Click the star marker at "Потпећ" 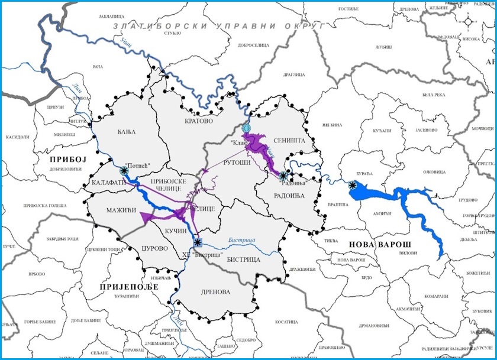click(x=124, y=170)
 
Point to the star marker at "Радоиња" click(x=284, y=176)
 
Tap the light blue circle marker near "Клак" click(x=246, y=128)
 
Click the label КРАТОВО click(x=198, y=121)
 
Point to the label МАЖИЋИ click(x=121, y=210)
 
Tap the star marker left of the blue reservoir click(x=353, y=186)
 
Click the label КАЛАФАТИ click(x=108, y=183)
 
